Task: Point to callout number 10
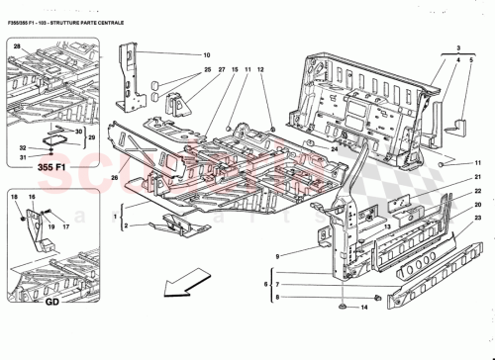tap(208, 55)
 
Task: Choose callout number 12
tap(261, 70)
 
